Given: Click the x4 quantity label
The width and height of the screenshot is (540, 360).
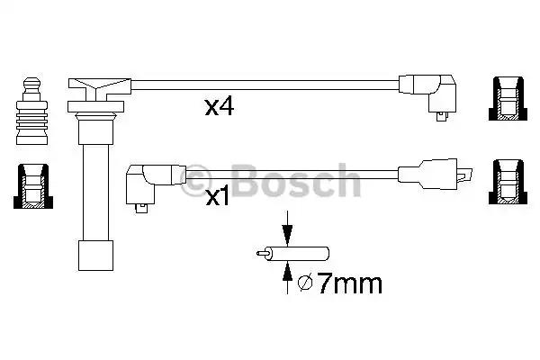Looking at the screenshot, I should pos(220,108).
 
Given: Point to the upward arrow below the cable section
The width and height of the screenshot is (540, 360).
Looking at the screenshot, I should pos(286,278).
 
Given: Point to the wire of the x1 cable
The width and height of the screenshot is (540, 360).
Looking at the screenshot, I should pos(288,172).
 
